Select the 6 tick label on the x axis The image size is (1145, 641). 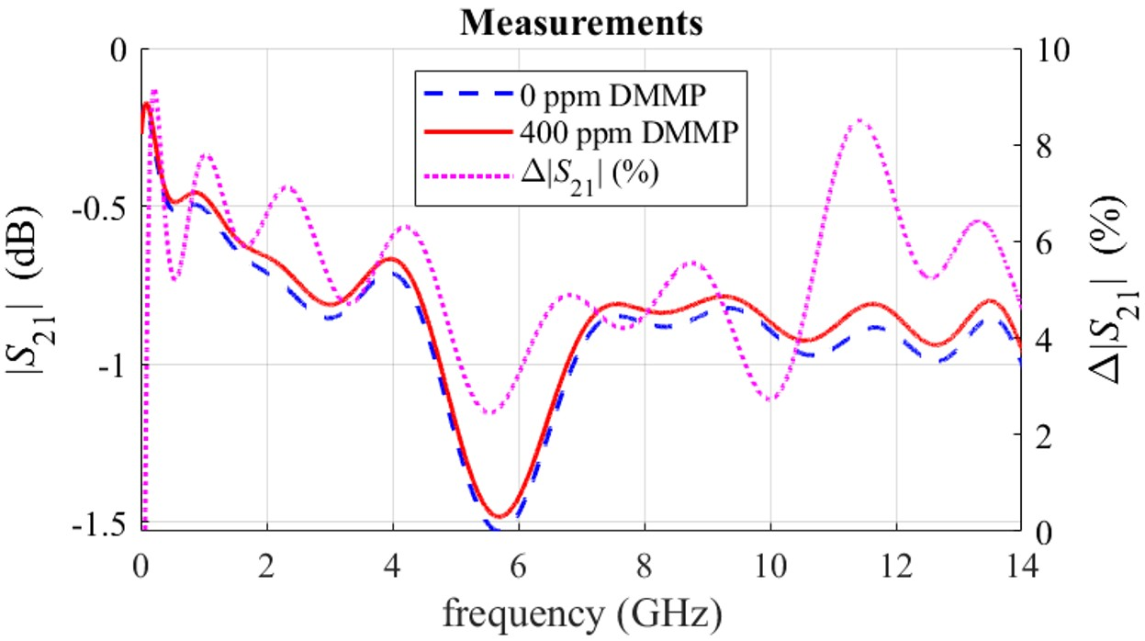click(x=519, y=561)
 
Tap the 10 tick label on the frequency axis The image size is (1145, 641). click(x=770, y=561)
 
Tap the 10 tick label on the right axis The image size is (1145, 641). click(x=1046, y=50)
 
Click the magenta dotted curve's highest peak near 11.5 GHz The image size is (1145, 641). click(x=859, y=120)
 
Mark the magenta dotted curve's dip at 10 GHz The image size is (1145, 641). click(x=769, y=400)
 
